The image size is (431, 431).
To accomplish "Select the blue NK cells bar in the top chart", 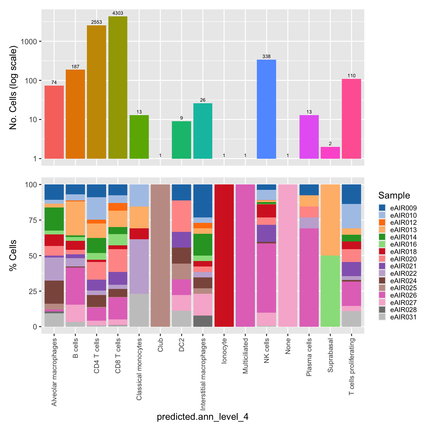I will tap(266, 109).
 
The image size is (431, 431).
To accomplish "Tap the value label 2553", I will tap(97, 22).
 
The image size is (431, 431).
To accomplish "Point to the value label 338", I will tap(266, 56).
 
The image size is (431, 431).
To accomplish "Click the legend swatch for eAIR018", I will tap(382, 252).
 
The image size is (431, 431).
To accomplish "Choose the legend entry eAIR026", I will tap(403, 295).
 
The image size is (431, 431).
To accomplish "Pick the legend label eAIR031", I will tap(403, 317).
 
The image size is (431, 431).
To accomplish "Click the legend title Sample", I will tap(394, 195).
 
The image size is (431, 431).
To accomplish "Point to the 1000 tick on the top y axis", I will tap(29, 41).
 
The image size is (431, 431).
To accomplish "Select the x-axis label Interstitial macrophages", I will tap(203, 374).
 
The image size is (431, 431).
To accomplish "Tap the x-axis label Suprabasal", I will tap(330, 355).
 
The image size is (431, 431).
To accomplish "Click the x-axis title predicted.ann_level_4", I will tap(203, 417).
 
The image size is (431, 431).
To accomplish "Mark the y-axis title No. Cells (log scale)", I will tap(13, 88).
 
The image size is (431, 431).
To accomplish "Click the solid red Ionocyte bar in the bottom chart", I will tap(224, 256).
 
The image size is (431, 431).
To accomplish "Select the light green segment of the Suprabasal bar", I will tap(330, 291).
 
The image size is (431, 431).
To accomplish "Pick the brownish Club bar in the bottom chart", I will tap(160, 256).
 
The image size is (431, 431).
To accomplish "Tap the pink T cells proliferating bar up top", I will tap(351, 119).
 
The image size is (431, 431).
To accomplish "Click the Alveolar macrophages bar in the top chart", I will tap(54, 122).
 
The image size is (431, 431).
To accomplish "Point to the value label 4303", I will tap(118, 13).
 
